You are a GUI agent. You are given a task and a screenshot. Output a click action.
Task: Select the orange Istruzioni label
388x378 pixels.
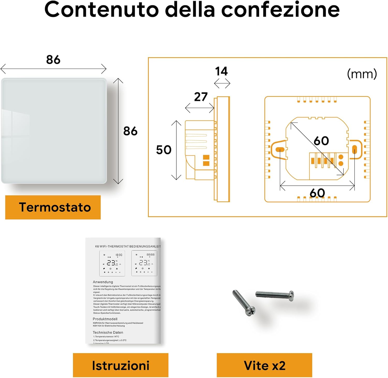coord(121,365)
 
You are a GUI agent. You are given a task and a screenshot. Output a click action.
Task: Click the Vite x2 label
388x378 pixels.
coord(264,365)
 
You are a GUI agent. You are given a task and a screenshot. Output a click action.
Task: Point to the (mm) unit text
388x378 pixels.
coord(362,74)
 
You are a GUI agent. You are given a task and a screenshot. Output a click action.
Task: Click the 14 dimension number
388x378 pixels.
coord(221,71)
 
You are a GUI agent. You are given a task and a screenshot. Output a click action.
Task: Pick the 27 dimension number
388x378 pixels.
coord(201,97)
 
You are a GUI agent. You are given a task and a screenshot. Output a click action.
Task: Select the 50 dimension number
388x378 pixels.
coord(164,150)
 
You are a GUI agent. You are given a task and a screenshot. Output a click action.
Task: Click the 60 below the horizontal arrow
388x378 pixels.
coord(317,193)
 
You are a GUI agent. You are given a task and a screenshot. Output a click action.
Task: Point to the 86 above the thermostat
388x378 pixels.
coord(53,60)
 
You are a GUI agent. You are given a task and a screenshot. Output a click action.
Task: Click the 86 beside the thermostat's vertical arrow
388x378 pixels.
coord(130,131)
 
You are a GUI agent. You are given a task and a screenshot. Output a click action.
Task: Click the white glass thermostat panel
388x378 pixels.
coord(54,131)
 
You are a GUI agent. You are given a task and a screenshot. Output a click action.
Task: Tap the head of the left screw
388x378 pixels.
coord(250,311)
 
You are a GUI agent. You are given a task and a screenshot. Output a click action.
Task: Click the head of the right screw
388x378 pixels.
coord(291,296)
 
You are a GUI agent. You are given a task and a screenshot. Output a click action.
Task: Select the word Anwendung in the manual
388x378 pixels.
coord(103,282)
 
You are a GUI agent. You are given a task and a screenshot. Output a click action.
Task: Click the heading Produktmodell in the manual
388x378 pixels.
coord(105,319)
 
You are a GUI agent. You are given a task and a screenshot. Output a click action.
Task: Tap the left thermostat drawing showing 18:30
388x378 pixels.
coord(112,263)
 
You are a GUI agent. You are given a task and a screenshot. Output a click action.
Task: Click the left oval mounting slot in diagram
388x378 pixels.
coord(280,150)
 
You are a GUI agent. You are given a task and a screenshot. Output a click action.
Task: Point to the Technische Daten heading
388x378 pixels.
coord(108,332)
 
